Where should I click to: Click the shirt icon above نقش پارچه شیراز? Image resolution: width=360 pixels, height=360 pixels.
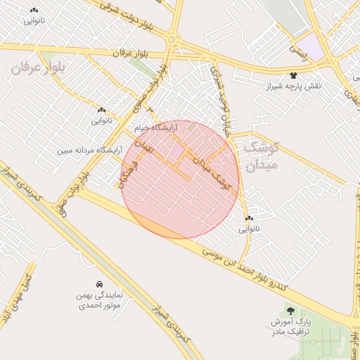click(x=293, y=75)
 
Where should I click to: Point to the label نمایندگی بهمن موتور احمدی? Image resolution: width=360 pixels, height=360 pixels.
click(x=98, y=300)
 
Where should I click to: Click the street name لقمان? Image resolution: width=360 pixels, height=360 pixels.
click(x=142, y=148)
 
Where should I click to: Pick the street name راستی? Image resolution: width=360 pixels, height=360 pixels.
click(x=298, y=47)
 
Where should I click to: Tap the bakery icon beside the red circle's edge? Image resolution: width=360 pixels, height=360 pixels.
click(x=249, y=219)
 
